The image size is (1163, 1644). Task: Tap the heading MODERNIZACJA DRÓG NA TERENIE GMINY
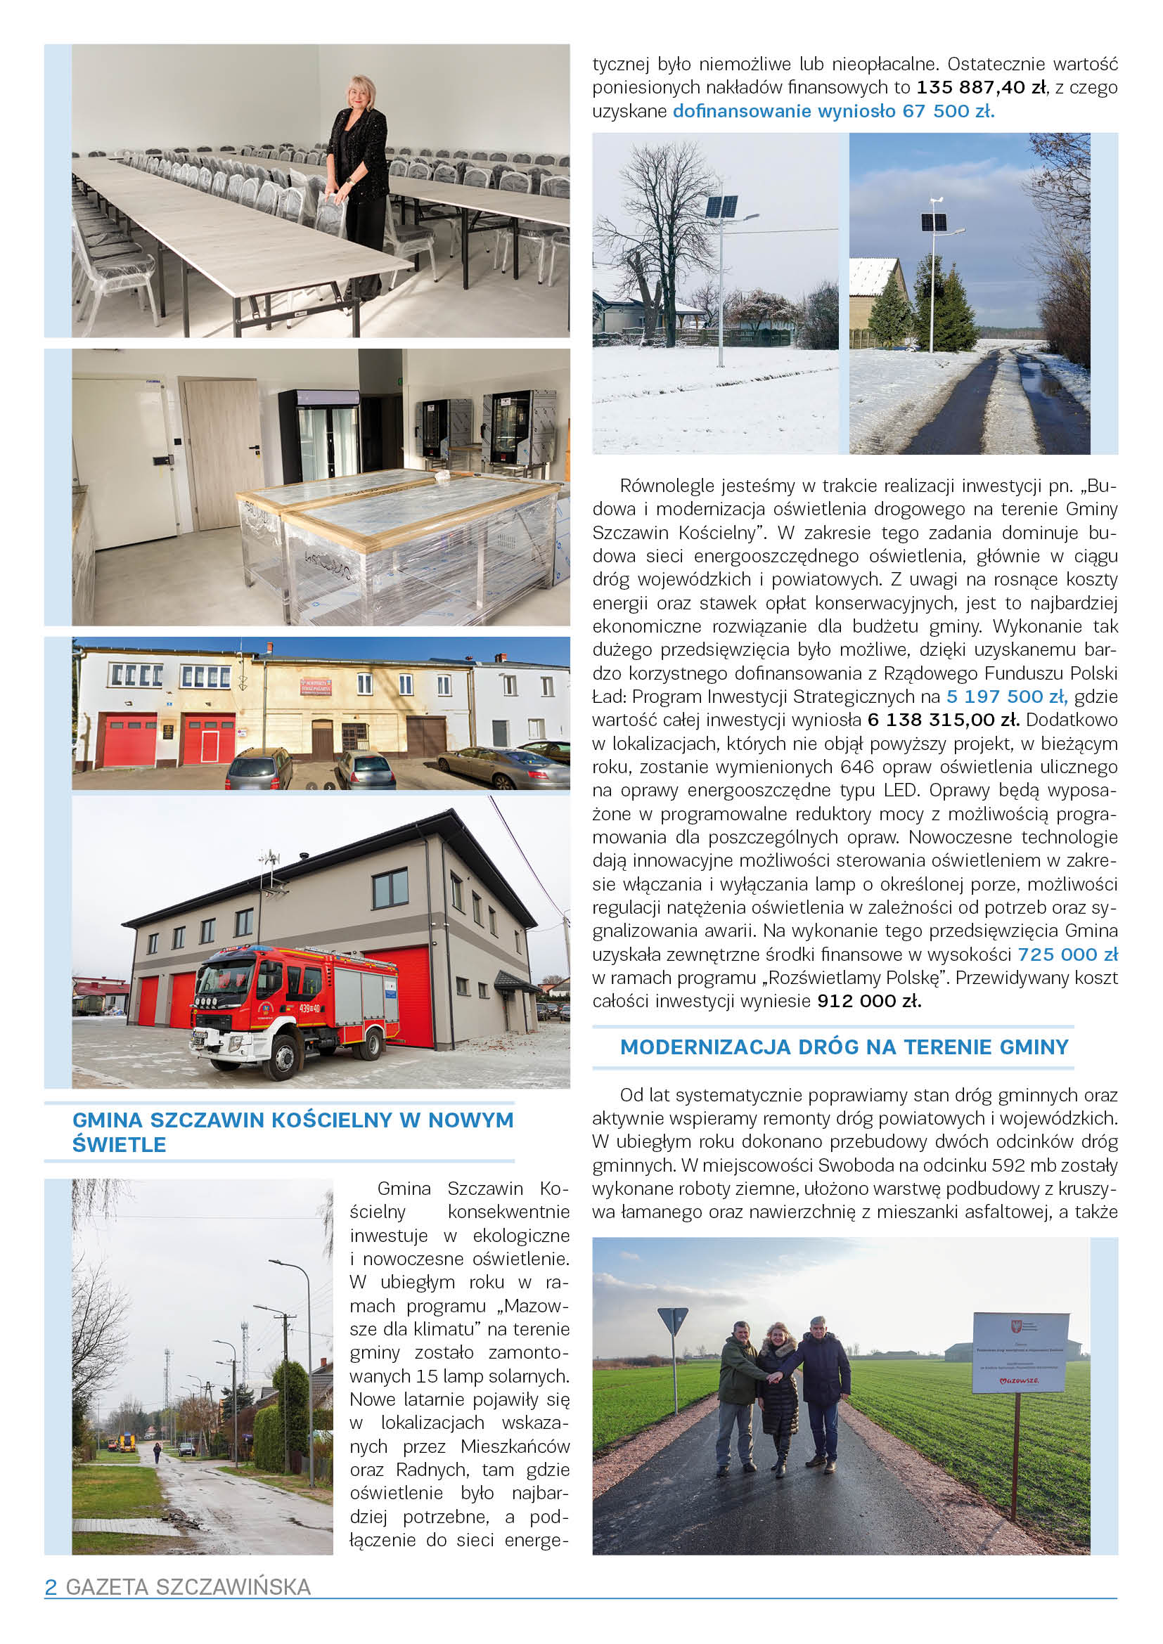(844, 1047)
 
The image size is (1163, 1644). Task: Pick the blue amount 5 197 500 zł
(1007, 697)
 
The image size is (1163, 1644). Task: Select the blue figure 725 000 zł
(1067, 954)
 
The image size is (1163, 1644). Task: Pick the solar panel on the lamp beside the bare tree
(722, 207)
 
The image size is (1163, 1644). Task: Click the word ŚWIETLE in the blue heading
(120, 1145)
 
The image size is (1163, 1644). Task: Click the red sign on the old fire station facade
(316, 687)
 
